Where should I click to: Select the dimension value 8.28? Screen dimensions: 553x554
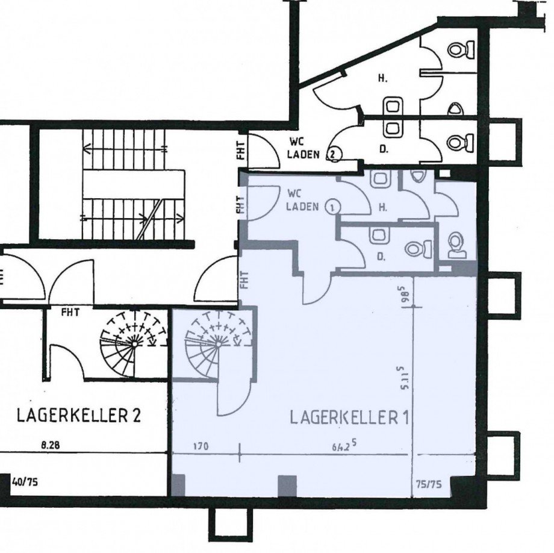(51, 446)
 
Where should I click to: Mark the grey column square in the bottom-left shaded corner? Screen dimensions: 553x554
(179, 485)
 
